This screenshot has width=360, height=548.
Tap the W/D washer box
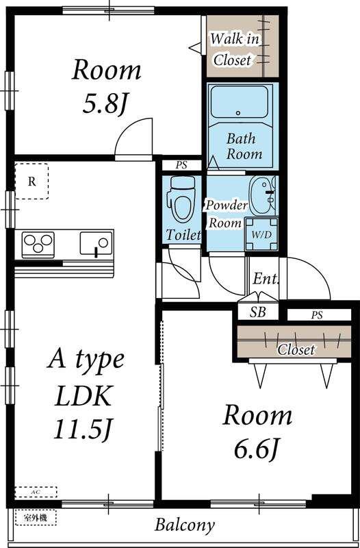click(261, 234)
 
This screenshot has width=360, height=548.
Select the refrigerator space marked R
click(31, 181)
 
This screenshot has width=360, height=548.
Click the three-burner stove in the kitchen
click(38, 242)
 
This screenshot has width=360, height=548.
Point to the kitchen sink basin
click(96, 243)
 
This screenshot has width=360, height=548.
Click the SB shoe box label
click(258, 312)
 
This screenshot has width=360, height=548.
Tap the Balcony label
click(184, 525)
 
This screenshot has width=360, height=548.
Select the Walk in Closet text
click(233, 49)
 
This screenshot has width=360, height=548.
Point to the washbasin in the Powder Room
click(263, 195)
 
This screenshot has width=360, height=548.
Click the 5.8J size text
click(104, 105)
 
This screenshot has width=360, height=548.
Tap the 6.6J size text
click(255, 449)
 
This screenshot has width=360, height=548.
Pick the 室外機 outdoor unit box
click(36, 518)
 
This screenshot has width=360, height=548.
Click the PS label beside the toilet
click(181, 166)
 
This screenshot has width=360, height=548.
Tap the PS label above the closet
click(317, 315)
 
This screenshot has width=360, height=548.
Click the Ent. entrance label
click(266, 279)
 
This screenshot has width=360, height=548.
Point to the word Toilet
click(183, 235)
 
